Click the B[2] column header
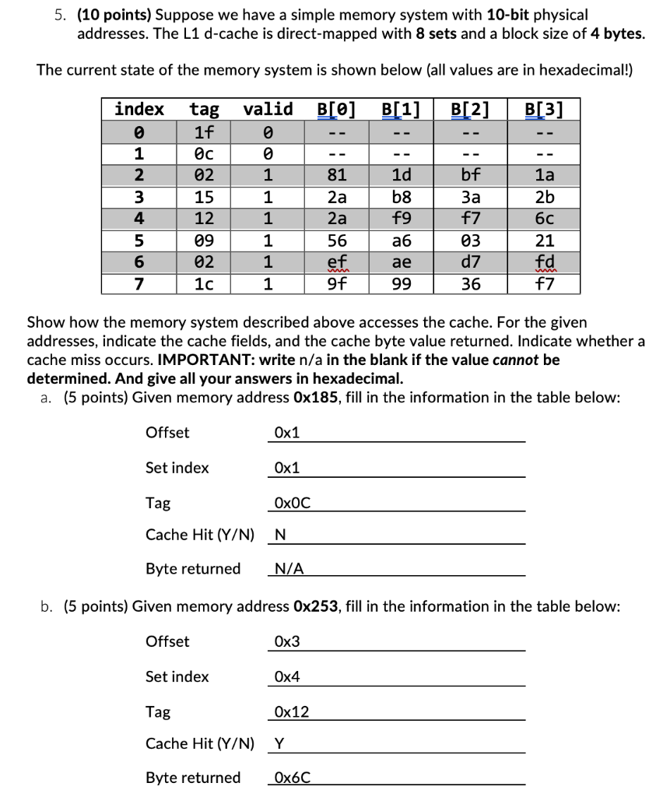point(470,109)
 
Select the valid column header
point(268,109)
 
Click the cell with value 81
point(337,175)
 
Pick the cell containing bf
point(471,175)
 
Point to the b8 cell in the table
point(402,197)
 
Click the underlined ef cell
point(337,262)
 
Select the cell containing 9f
point(337,284)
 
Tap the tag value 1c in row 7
point(205,284)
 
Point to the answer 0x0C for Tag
point(293,504)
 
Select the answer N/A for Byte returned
point(290,569)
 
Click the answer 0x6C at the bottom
point(293,778)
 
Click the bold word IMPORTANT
point(201,361)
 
